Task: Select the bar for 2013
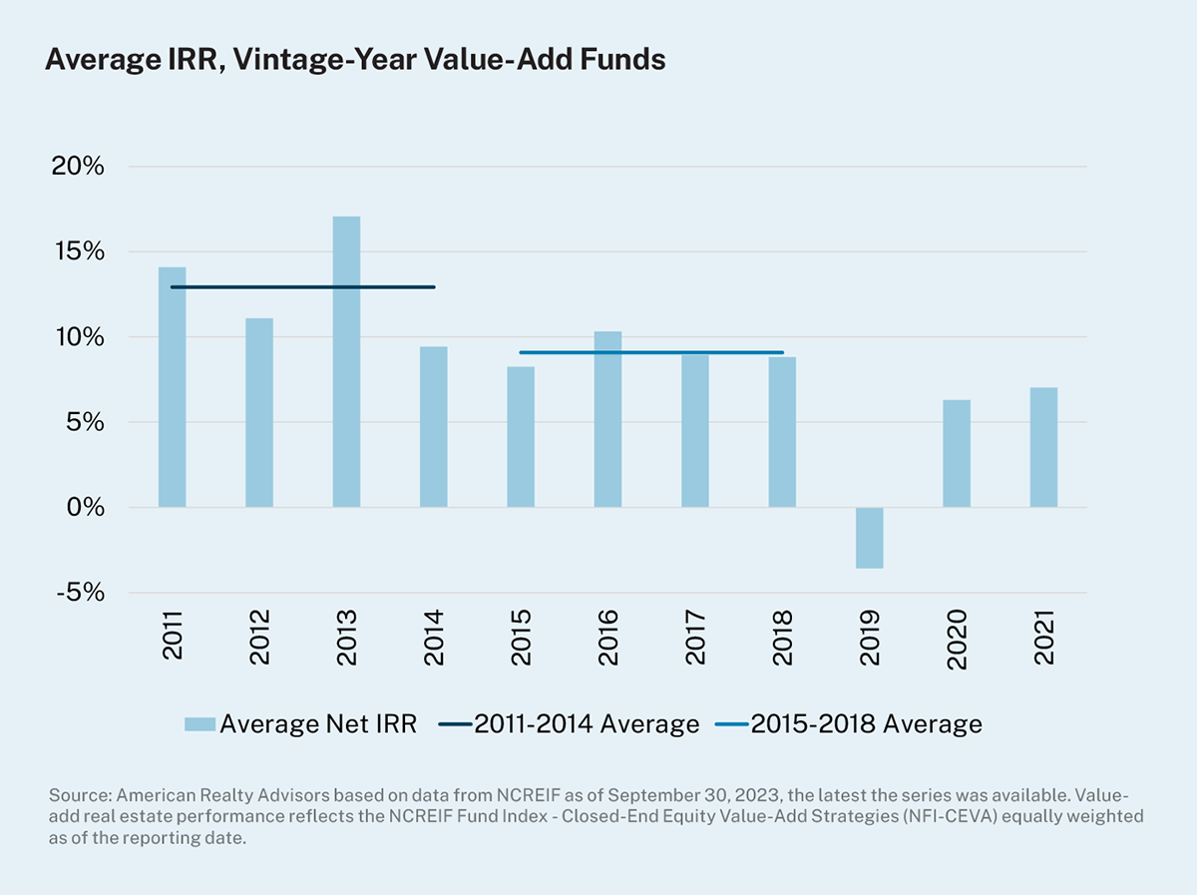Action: coord(346,361)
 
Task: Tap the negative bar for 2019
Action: coord(870,538)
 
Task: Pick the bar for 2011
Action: coord(172,387)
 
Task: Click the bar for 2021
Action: coord(1043,447)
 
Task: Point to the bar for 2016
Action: coord(607,419)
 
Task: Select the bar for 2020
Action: coord(957,453)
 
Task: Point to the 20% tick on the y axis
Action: coord(78,167)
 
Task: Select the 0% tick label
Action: coord(85,508)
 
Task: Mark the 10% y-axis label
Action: coord(78,337)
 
